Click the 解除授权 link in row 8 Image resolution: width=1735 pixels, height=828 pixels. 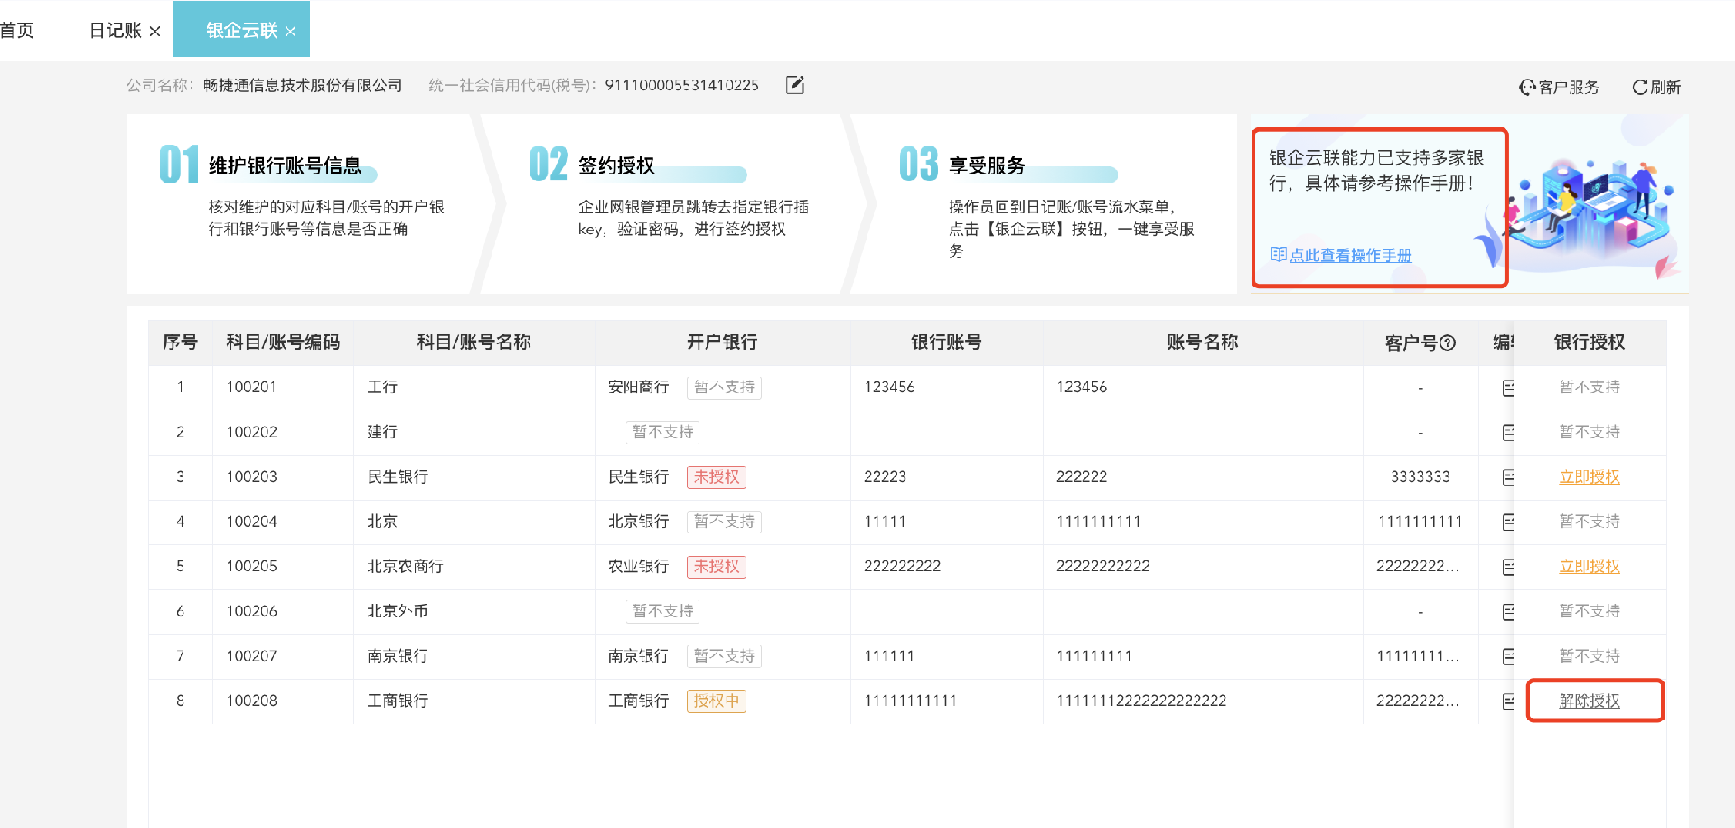[1589, 701]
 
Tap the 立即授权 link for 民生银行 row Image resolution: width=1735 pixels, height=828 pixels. [1589, 476]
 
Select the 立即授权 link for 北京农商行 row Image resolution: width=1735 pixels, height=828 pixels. [1589, 566]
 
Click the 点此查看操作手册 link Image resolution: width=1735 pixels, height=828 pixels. [1349, 255]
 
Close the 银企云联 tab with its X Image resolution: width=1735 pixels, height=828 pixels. [290, 31]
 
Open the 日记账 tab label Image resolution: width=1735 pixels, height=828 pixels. [115, 31]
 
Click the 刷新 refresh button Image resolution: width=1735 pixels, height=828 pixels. [1656, 87]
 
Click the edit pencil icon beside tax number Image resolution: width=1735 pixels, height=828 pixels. [795, 85]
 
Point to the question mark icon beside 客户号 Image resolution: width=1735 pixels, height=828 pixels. [1448, 343]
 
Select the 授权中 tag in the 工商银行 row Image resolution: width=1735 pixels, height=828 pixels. [716, 701]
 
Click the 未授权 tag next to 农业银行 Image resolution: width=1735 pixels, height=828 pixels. [716, 566]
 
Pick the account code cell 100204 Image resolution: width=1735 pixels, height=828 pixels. [251, 522]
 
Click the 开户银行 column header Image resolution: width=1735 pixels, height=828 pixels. [721, 342]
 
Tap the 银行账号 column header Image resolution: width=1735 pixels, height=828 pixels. [945, 342]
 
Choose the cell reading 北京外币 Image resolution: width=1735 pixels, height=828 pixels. [397, 611]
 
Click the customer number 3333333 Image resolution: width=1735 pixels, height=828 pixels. [1420, 476]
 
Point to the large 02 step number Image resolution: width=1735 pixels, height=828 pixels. [548, 165]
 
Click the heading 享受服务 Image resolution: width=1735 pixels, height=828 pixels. [987, 165]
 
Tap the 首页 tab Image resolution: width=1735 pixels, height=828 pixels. [17, 31]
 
